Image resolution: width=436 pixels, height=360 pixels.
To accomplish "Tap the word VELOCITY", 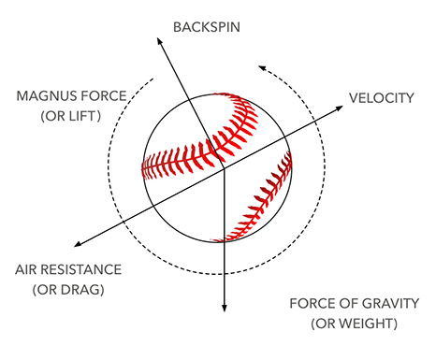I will (382, 97).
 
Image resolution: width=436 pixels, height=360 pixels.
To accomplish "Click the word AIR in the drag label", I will (26, 270).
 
